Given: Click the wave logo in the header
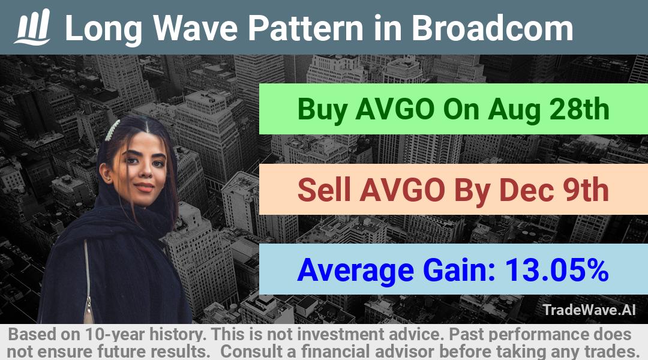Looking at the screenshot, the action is (x=32, y=27).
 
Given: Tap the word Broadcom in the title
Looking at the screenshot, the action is (x=492, y=28).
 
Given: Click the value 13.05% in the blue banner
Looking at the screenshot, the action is (x=557, y=270).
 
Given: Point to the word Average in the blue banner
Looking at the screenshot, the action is (x=355, y=271).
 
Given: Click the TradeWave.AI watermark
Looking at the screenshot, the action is (x=589, y=310).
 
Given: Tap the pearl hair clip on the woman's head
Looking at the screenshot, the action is (x=112, y=130).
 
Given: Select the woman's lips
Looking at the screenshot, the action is (x=144, y=187).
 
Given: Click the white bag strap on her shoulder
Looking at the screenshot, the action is (x=87, y=281).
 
